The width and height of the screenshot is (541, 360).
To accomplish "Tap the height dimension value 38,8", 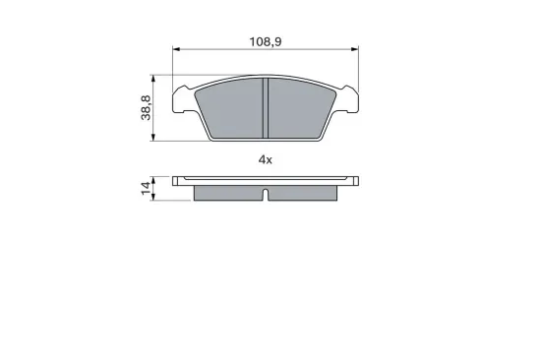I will [146, 107].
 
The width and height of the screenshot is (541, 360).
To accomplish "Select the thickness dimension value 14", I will [146, 189].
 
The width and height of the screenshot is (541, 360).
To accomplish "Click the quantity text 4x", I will [265, 158].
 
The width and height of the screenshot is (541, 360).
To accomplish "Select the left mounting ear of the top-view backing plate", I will [182, 98].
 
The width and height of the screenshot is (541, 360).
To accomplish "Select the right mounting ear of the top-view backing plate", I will [348, 98].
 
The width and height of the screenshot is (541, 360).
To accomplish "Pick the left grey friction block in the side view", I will [228, 193].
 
